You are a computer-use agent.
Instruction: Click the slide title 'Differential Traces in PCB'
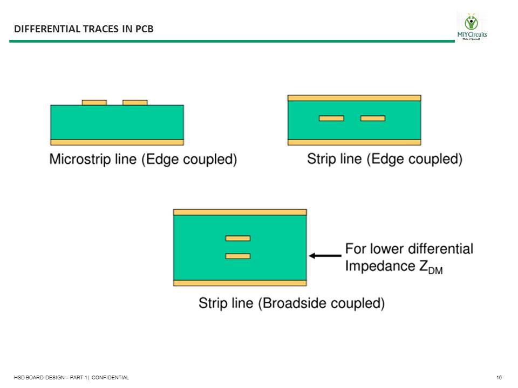click(84, 29)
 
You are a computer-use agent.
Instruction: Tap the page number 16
click(499, 378)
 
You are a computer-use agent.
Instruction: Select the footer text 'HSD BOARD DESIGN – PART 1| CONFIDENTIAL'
click(72, 378)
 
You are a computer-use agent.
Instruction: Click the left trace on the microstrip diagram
click(94, 102)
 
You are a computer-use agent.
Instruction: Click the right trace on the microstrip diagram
click(135, 102)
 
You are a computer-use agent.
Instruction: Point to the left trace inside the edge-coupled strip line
click(331, 118)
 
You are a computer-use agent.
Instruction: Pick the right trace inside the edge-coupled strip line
click(373, 118)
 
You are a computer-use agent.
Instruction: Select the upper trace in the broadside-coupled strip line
click(238, 238)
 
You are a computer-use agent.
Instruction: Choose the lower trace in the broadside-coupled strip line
click(238, 256)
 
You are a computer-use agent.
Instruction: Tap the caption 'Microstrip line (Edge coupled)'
click(143, 160)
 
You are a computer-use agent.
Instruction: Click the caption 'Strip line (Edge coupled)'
click(385, 159)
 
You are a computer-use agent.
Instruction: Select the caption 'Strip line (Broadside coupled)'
click(291, 303)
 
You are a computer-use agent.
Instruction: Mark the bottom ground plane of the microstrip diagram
click(117, 142)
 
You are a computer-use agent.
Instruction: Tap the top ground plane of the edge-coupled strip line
click(354, 98)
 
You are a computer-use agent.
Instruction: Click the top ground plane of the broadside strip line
click(240, 212)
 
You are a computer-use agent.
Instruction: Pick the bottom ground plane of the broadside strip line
click(240, 283)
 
